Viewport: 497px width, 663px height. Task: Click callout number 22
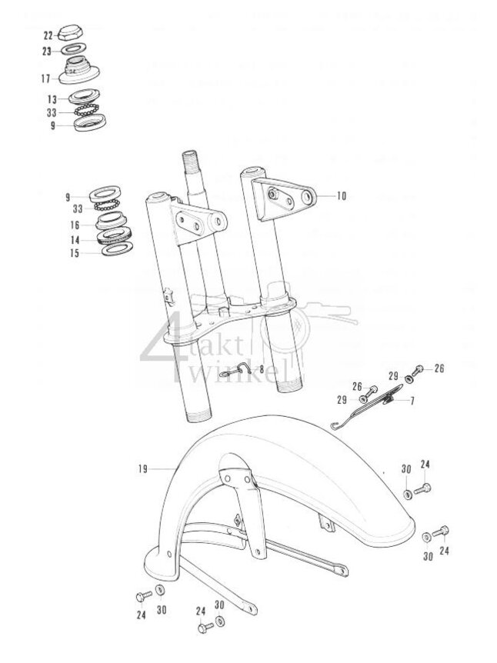(x=48, y=35)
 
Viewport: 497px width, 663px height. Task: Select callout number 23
(x=48, y=52)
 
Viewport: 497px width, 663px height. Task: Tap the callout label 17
(x=45, y=78)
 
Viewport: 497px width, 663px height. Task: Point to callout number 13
(x=52, y=99)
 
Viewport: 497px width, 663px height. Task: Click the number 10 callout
(x=341, y=196)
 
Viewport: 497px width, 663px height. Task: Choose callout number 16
(x=75, y=225)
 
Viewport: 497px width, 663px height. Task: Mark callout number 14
(x=75, y=240)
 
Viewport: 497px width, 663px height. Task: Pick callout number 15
(x=75, y=253)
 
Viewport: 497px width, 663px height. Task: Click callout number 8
(x=262, y=369)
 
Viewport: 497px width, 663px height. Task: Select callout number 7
(x=411, y=401)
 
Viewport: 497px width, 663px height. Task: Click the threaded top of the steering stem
(x=192, y=165)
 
